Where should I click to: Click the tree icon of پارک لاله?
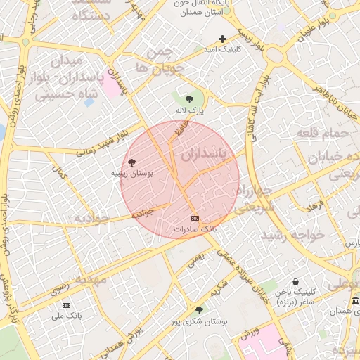(x=189, y=98)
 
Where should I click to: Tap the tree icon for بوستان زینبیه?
(x=132, y=162)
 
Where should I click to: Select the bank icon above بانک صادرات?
(x=195, y=218)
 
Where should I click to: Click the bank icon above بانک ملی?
(x=67, y=304)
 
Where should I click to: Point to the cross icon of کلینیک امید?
(x=223, y=39)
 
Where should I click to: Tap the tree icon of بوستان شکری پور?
(x=200, y=309)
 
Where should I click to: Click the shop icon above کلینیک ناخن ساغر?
(x=295, y=281)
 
